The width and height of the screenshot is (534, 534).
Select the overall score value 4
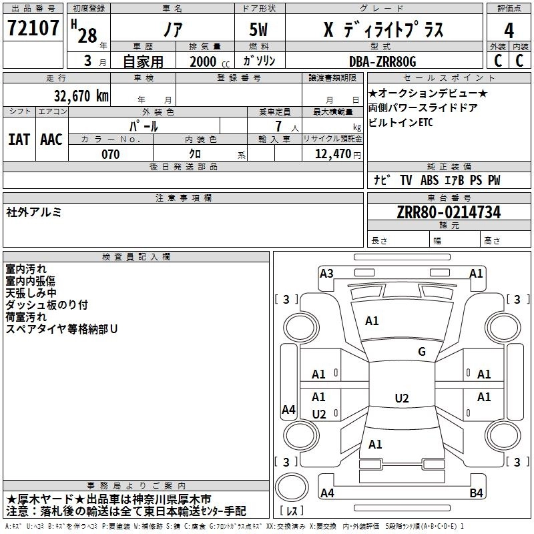pos(509,30)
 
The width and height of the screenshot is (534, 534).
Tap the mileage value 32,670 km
pos(81,96)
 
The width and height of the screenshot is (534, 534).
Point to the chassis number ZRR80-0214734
pos(449,213)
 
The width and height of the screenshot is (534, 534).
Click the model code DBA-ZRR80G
pos(382,61)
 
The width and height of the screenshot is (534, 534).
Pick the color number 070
pos(110,155)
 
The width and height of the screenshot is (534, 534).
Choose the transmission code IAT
pos(19,140)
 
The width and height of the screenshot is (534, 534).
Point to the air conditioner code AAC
pos(51,140)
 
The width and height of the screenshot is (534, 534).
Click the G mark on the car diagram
pos(421,352)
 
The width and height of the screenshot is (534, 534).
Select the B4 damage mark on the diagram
pos(476,493)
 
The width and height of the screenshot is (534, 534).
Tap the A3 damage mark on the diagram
pos(326,273)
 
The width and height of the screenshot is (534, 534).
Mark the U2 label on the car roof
pos(401,398)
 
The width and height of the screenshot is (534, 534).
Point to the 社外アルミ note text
pos(34,212)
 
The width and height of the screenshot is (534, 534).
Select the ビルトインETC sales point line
pos(400,123)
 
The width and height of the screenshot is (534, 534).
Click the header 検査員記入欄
pos(136,257)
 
